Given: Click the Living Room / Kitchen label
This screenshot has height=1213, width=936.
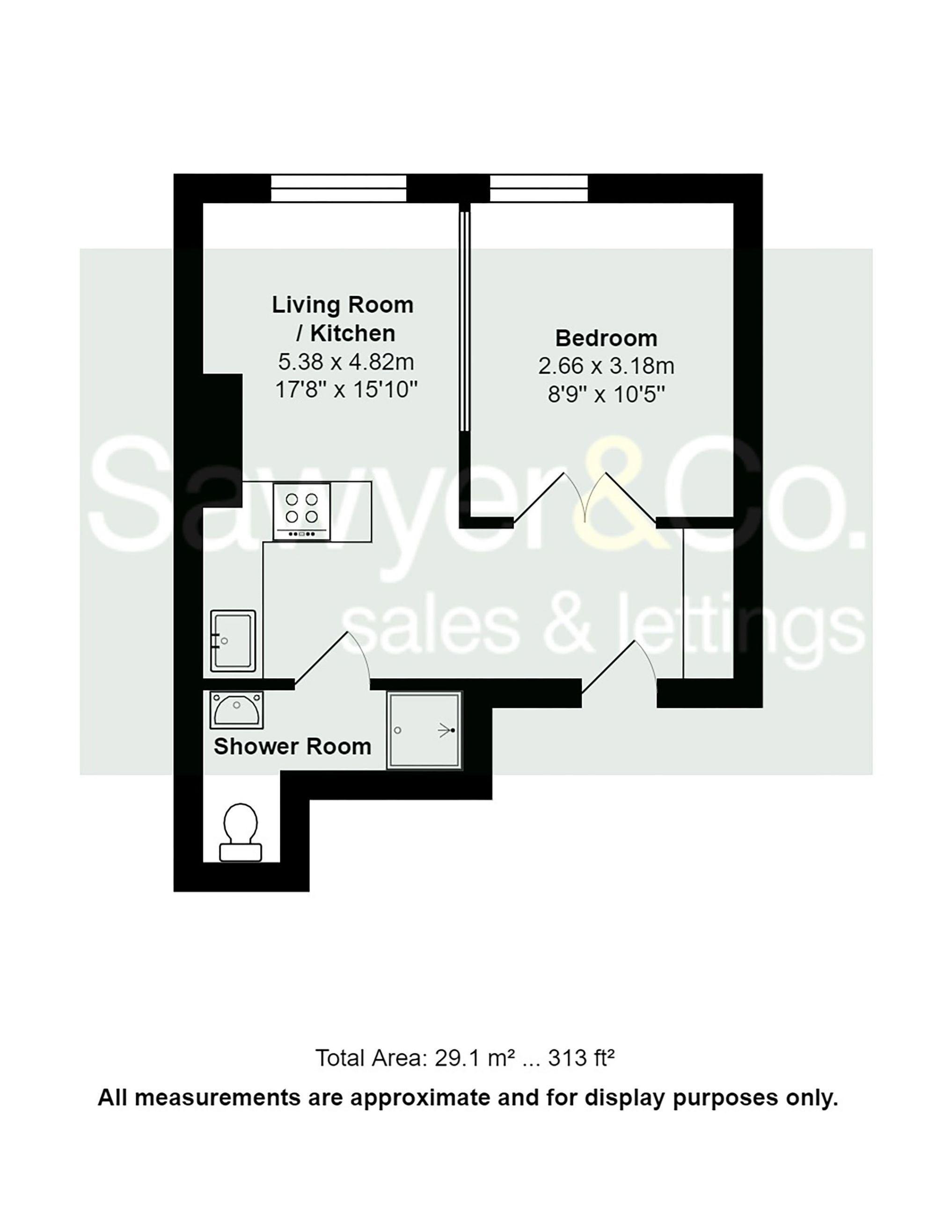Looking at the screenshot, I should tap(342, 319).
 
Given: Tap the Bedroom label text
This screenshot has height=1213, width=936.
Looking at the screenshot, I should tap(606, 338).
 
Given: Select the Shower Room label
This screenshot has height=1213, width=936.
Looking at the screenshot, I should tap(292, 747).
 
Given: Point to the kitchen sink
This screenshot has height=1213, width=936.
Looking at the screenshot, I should tap(233, 640).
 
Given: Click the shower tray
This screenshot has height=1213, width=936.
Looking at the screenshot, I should tap(424, 730).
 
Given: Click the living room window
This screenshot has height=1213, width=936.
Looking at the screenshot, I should tap(338, 188).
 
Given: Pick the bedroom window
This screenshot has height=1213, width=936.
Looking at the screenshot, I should tap(538, 188).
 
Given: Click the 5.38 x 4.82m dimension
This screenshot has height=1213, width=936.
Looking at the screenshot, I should tap(345, 362).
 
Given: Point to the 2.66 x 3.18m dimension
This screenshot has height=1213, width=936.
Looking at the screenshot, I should tap(606, 366).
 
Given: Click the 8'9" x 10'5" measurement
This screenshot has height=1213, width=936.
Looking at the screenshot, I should tap(606, 395).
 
